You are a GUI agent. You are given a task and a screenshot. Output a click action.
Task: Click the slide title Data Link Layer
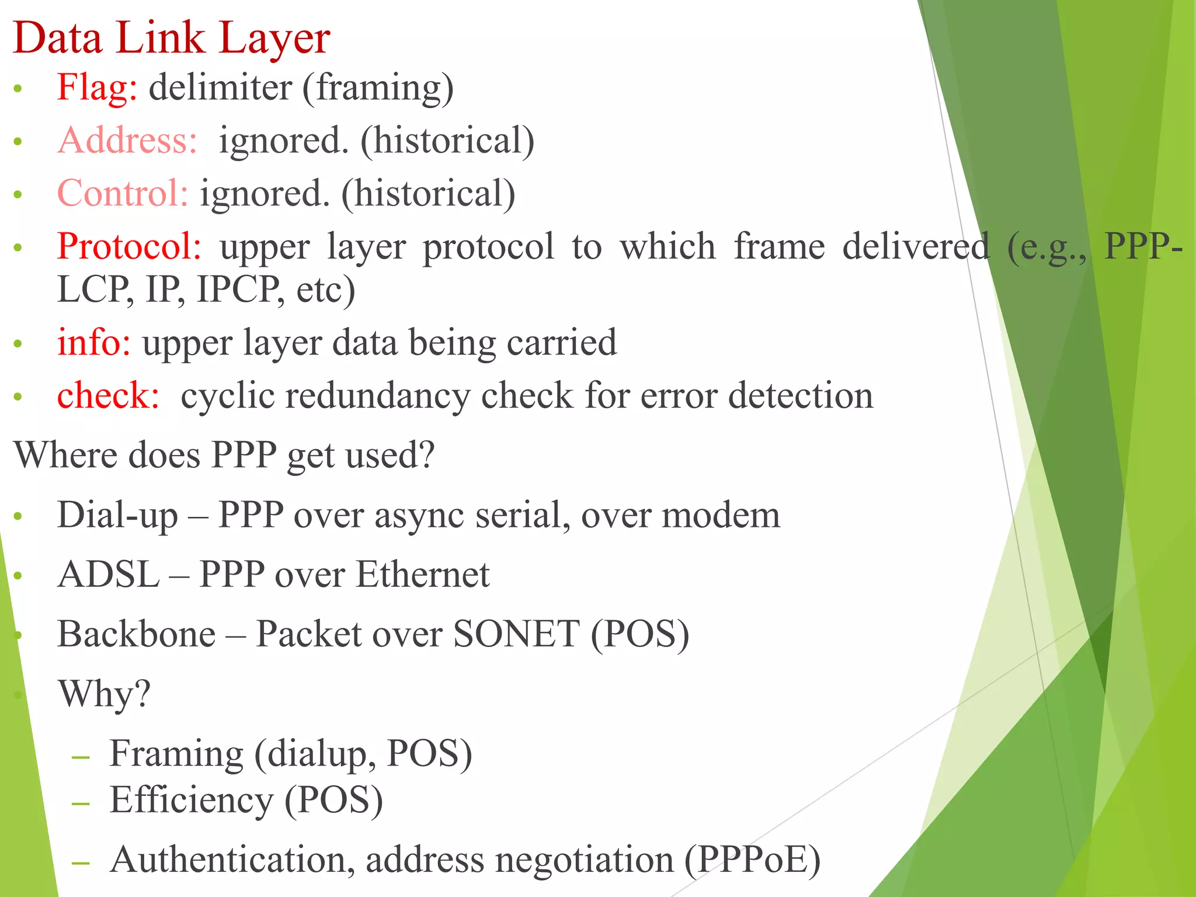[172, 39]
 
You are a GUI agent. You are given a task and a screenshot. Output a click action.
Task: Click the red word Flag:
[97, 88]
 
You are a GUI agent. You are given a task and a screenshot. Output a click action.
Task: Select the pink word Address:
[127, 141]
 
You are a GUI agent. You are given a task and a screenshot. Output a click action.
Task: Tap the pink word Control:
[123, 193]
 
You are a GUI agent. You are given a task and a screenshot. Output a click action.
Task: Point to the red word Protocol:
[129, 246]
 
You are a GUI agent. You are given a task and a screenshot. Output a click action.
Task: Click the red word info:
[93, 342]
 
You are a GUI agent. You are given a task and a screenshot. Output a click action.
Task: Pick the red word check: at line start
[108, 395]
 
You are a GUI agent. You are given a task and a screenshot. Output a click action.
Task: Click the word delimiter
[220, 88]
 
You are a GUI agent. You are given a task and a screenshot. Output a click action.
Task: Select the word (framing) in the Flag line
[378, 89]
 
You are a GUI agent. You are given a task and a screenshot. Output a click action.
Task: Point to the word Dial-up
[117, 516]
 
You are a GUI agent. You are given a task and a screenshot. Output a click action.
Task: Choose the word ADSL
[109, 575]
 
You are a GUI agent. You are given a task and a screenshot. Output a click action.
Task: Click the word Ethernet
[422, 575]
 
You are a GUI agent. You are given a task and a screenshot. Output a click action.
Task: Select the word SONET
[516, 634]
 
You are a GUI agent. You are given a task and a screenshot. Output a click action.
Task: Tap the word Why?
[104, 694]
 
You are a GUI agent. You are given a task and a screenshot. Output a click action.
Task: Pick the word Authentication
[232, 860]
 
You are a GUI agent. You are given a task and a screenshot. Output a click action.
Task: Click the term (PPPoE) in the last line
[752, 860]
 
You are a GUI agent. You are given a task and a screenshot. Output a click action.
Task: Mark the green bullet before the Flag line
[18, 89]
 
